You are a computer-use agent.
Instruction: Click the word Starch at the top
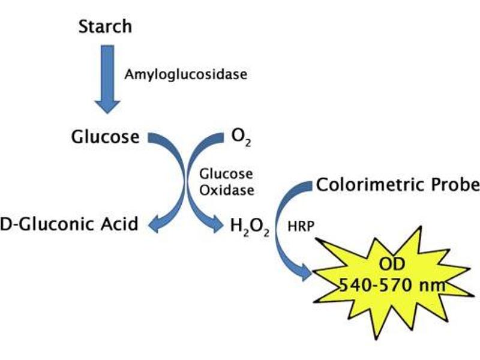pyautogui.click(x=105, y=27)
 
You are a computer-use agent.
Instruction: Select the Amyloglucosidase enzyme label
pyautogui.click(x=185, y=75)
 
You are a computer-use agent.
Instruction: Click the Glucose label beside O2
pyautogui.click(x=104, y=137)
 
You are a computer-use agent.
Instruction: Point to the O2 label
pyautogui.click(x=241, y=137)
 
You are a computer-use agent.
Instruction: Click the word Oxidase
pyautogui.click(x=226, y=191)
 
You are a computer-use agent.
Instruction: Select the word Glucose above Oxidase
pyautogui.click(x=226, y=175)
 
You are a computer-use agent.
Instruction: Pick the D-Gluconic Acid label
pyautogui.click(x=69, y=224)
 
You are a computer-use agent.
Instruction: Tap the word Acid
pyautogui.click(x=121, y=224)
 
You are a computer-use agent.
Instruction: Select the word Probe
pyautogui.click(x=455, y=185)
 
